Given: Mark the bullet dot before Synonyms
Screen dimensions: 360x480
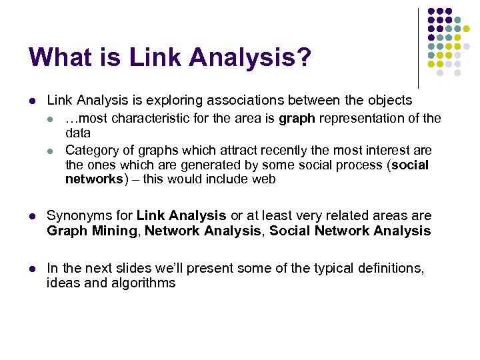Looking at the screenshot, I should click(x=31, y=216).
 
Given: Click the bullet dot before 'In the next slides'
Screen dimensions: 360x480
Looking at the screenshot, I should click(x=31, y=268).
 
